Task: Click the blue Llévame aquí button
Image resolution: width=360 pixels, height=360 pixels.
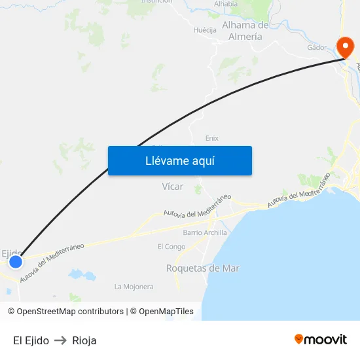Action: pos(180,160)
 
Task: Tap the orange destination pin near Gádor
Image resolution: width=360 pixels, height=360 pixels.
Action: pos(344,46)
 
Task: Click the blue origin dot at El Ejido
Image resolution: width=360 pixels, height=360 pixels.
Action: pos(15,262)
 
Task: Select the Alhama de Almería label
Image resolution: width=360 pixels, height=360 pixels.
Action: pos(246,31)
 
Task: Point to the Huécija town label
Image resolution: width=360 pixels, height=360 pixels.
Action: pos(205,30)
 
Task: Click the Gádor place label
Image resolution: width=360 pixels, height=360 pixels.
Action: pos(317,48)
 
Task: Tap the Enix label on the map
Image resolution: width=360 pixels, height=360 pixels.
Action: pos(211,138)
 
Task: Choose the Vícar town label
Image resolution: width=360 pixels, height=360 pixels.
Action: pos(173,187)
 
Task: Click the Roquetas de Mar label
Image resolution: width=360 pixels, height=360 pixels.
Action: pos(203,268)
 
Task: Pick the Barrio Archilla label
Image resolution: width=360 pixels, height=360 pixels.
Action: pos(205,232)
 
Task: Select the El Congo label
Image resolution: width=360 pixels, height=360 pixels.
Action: pos(171,247)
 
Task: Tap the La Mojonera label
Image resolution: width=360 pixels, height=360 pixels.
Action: pos(134,287)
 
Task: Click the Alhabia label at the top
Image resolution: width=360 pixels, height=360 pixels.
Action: pos(226,4)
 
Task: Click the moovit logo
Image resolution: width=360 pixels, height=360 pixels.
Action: pos(321,340)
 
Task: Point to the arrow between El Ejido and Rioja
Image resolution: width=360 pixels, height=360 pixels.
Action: pos(61,340)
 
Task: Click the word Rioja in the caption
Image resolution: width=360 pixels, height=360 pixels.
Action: pos(84,340)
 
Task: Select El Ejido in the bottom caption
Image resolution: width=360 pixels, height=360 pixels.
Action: pos(31,340)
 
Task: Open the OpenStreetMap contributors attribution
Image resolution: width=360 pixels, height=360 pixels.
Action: pos(70,312)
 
